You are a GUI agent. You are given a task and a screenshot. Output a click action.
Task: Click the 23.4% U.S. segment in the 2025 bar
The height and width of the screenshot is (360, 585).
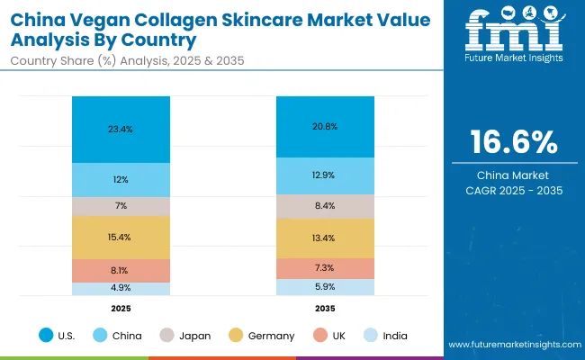[x=121, y=129]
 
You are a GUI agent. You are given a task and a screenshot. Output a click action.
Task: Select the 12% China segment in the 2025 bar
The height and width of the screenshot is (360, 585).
[x=121, y=180]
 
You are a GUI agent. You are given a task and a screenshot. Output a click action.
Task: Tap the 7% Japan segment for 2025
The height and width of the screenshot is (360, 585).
[x=121, y=206]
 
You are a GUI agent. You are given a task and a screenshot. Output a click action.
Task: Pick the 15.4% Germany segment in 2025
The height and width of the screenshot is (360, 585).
[x=121, y=237]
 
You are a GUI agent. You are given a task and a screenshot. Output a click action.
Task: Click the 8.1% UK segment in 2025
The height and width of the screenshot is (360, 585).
[x=121, y=270]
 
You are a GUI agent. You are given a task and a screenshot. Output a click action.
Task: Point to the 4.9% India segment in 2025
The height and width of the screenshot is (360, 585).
[x=121, y=288]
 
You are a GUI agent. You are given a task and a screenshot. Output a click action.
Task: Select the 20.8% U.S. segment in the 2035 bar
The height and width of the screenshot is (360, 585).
[x=325, y=126]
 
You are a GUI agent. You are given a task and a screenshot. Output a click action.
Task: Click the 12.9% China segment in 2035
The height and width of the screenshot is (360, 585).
[x=325, y=175]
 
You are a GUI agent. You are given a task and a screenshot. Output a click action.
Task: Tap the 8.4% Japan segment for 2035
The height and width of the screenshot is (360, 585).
[x=325, y=206]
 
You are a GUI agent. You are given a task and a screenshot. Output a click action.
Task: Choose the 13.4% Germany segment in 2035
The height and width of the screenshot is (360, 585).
[x=325, y=238]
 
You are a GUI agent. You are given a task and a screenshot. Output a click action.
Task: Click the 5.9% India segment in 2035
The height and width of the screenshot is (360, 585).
[x=325, y=287]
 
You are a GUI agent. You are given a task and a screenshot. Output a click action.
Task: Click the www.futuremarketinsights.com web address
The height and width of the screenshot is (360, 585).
[x=513, y=345]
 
